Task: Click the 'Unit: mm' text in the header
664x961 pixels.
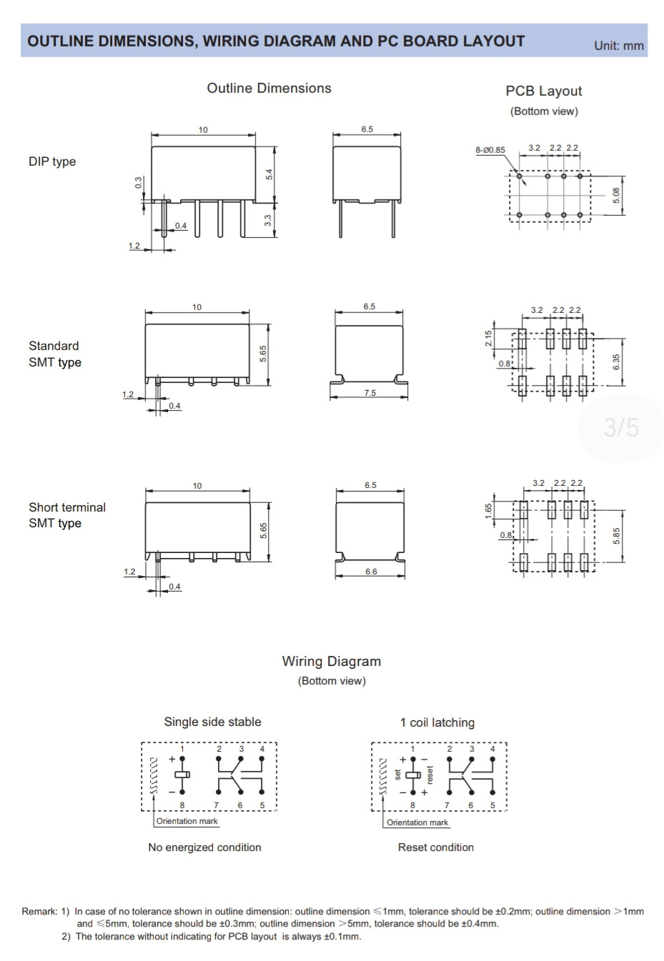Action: coord(618,46)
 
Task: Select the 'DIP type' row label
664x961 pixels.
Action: coord(52,161)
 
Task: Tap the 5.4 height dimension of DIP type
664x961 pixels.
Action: coord(269,174)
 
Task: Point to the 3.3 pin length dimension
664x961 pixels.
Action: coord(268,221)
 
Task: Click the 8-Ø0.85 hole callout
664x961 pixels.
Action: coord(490,150)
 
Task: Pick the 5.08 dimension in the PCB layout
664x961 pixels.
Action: coord(616,196)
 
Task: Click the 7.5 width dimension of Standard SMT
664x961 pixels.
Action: coord(370,392)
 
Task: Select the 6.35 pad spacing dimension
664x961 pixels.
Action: coord(616,362)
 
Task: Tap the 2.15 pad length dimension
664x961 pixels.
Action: coord(488,339)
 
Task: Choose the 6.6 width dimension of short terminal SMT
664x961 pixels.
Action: coord(371,572)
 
